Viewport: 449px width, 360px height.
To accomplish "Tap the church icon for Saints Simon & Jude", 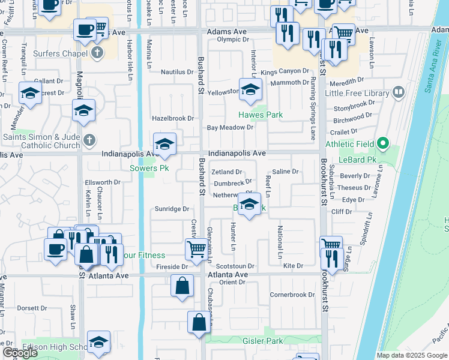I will pos(89,139).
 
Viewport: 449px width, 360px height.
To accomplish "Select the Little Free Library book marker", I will pos(397,92).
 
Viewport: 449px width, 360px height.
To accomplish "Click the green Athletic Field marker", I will pos(382,144).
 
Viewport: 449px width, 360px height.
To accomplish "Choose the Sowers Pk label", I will pos(149,168).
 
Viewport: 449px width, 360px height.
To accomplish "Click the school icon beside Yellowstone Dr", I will pos(251,89).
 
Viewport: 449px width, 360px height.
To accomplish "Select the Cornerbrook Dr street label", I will pos(292,295).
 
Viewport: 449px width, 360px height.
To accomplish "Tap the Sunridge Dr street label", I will pos(173,209).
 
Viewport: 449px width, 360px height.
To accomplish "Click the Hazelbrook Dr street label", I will pos(173,119).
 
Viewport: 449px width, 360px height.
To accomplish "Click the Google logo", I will pos(20,353).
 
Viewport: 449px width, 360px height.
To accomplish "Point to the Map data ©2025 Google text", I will pos(411,355).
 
